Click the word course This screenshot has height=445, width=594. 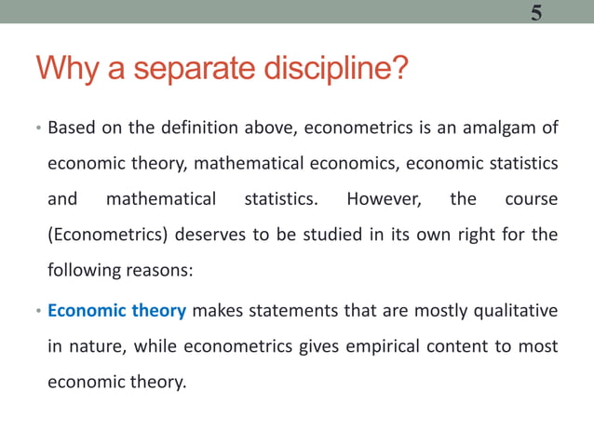point(531,199)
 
